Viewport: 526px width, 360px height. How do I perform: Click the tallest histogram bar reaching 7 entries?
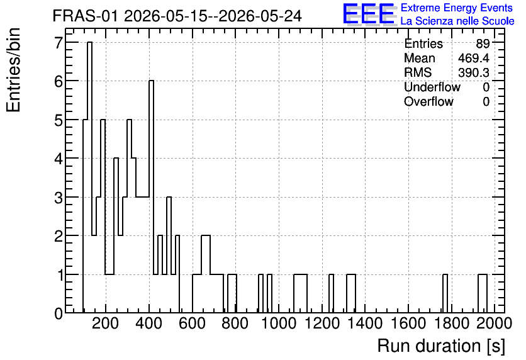89,177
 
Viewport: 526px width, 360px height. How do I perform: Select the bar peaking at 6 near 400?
151,196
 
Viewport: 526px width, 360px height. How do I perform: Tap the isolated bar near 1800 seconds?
445,293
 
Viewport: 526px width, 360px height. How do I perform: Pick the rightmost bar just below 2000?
483,293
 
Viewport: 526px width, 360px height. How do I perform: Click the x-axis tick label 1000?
279,323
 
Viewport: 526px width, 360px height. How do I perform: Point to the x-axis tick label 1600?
408,323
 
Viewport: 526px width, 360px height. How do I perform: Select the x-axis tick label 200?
105,323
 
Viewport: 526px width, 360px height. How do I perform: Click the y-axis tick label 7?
59,43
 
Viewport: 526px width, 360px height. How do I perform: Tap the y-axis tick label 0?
59,313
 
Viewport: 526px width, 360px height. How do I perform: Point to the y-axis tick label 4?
59,159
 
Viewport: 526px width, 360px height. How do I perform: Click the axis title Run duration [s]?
441,346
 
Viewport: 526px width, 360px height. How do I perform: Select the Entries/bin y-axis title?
14,70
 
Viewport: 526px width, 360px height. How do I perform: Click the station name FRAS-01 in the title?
86,16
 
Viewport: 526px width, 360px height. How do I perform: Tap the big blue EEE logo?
369,14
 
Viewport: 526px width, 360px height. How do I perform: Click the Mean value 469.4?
474,58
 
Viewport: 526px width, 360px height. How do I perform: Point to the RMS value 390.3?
474,72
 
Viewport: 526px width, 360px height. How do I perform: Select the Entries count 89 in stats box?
483,43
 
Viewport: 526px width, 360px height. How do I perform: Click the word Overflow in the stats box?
428,101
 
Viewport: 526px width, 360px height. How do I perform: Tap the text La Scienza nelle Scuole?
457,21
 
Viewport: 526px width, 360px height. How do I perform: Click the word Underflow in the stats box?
432,87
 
